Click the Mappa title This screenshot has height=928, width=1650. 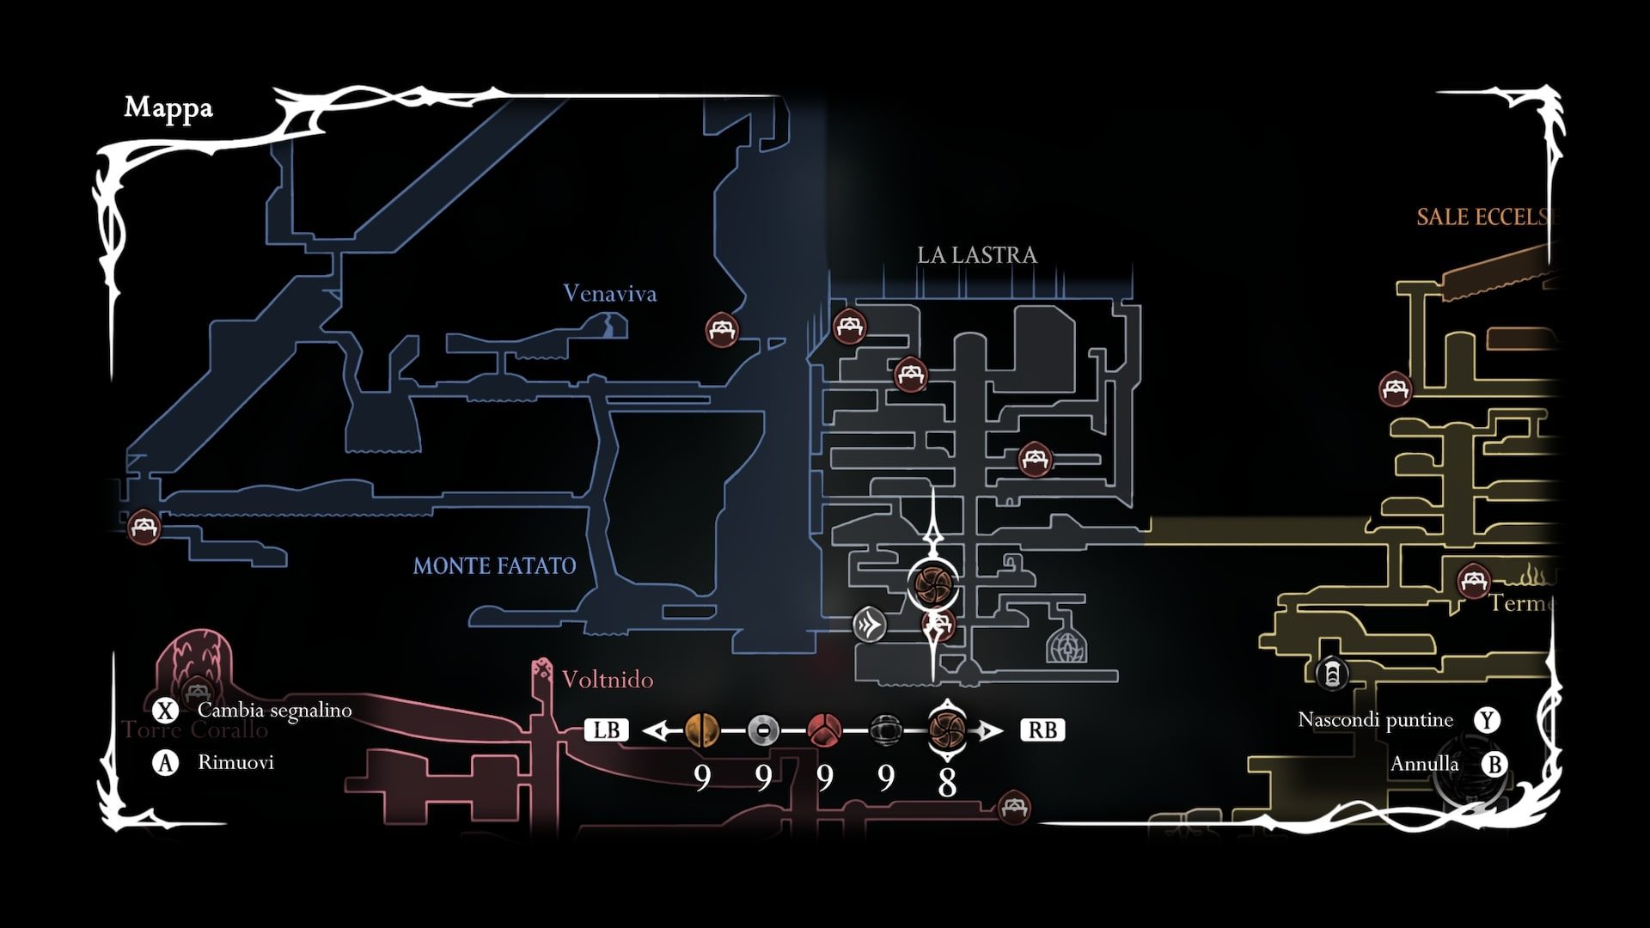(168, 108)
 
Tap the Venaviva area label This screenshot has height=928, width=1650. (609, 294)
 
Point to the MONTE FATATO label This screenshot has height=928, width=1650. (494, 566)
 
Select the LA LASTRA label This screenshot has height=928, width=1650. (977, 255)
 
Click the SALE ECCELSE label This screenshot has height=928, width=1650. (1486, 217)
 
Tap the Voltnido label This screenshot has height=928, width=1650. (608, 680)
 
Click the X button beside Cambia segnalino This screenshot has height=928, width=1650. (164, 711)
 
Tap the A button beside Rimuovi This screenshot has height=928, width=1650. (164, 762)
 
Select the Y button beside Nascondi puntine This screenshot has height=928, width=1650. (1487, 720)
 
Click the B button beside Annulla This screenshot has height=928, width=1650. (1494, 764)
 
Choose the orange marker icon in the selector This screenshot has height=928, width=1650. (702, 730)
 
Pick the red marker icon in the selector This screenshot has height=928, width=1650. (824, 730)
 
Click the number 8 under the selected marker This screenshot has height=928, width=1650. (947, 783)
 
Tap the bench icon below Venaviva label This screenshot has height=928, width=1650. (722, 329)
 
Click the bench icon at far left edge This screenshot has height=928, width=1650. (144, 526)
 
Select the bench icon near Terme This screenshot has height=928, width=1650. (1474, 581)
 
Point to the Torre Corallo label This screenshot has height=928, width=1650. (195, 730)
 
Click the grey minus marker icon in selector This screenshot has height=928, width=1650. (763, 730)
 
